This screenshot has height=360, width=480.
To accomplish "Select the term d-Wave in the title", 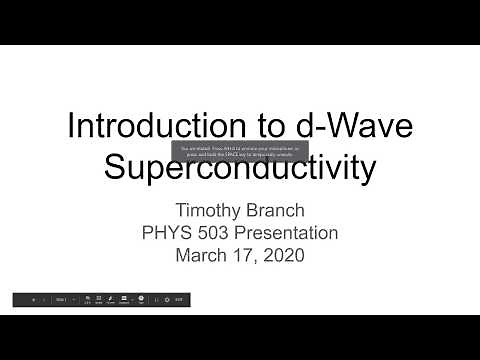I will [346, 126].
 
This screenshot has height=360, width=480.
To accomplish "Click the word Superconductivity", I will [240, 167].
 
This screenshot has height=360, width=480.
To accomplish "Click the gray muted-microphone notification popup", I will [240, 151].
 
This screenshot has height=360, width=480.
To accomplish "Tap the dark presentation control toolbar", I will [100, 299].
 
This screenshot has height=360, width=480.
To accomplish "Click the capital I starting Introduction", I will [70, 126].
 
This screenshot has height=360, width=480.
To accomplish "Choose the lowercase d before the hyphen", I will [299, 126].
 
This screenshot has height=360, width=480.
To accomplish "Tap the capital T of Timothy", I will [182, 211].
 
